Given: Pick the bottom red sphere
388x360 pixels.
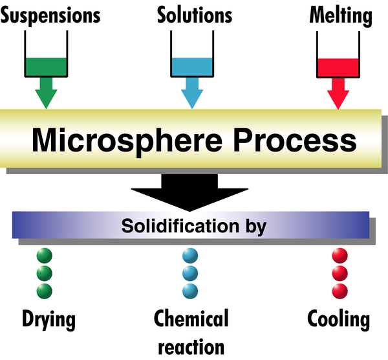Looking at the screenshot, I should click(x=339, y=289).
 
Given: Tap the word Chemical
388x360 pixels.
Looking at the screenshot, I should click(x=191, y=319).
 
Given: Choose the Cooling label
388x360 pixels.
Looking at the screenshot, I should click(x=339, y=319).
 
